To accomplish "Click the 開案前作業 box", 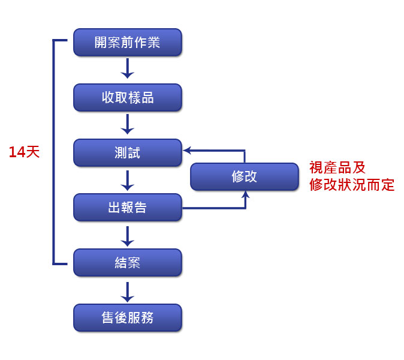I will coord(127,43).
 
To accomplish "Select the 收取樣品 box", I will coord(127,97).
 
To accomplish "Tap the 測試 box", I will coord(127,152).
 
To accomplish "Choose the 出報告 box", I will coord(127,208).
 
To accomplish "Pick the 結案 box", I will coord(127,262).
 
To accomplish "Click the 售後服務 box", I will coord(127,317).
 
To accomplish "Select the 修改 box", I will coord(244,176).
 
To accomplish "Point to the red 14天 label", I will coord(24,152).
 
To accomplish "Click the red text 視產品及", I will coord(337,168).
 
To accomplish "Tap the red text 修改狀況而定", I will coord(352,185).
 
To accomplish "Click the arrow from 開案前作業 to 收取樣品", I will coord(127,70).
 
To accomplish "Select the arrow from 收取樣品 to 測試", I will coord(127,125).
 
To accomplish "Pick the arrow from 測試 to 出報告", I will coord(127,180).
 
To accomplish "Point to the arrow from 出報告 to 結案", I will coord(127,235).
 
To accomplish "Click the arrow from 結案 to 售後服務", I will coord(127,290).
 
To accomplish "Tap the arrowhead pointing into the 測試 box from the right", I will coord(187,150).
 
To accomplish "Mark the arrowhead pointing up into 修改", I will coord(245,194).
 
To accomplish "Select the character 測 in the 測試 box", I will coord(120,152).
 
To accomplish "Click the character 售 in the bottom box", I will coord(108,317).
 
